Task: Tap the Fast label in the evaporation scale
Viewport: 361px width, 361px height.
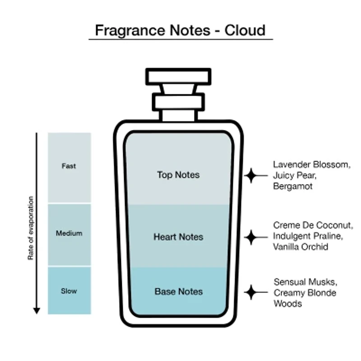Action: pyautogui.click(x=69, y=166)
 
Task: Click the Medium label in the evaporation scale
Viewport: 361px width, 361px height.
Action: pyautogui.click(x=69, y=233)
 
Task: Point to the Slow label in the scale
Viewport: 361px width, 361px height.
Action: pyautogui.click(x=69, y=291)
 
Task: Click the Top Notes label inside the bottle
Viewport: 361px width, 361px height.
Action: pyautogui.click(x=178, y=175)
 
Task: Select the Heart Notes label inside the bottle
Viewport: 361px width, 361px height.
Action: pyautogui.click(x=178, y=237)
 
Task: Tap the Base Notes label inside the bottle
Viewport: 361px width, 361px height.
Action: pyautogui.click(x=178, y=292)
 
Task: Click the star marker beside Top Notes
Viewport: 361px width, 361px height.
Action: pyautogui.click(x=250, y=175)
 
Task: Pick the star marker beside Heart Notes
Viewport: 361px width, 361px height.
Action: pyautogui.click(x=250, y=236)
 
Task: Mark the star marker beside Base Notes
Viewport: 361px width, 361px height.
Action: pyautogui.click(x=250, y=292)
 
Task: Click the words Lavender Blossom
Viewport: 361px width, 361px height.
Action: pyautogui.click(x=311, y=165)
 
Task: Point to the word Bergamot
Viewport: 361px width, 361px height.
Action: pyautogui.click(x=292, y=186)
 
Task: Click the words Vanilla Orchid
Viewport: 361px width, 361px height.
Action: pyautogui.click(x=301, y=247)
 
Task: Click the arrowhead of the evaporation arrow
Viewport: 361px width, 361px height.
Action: pyautogui.click(x=37, y=310)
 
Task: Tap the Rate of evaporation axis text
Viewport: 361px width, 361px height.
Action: pyautogui.click(x=31, y=228)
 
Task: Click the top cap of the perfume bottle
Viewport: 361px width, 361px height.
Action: pyautogui.click(x=178, y=76)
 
